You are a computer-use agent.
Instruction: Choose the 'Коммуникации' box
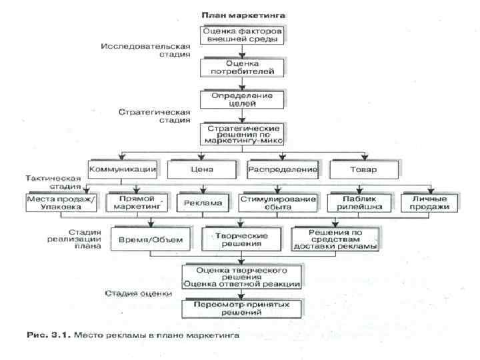coord(123,169)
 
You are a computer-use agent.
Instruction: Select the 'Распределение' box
coord(283,169)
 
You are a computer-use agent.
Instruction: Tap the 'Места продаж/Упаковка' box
coord(62,203)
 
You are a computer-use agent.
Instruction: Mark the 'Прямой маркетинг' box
coord(136,203)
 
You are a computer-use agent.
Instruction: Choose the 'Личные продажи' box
coord(430,203)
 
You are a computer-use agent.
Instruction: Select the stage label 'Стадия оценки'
coord(139,293)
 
